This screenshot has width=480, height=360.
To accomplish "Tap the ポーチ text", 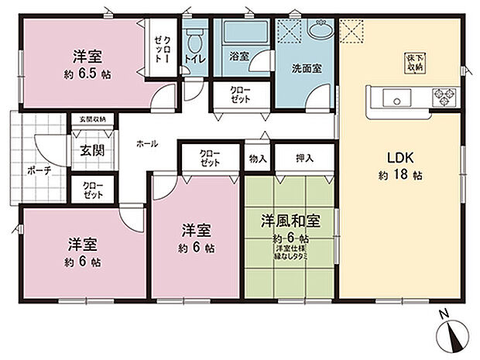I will pyautogui.click(x=37, y=171).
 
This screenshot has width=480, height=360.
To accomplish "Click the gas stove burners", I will pyautogui.click(x=444, y=98).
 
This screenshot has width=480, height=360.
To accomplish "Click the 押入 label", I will pyautogui.click(x=305, y=158).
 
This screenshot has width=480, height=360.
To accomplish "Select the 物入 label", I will pyautogui.click(x=258, y=158).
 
